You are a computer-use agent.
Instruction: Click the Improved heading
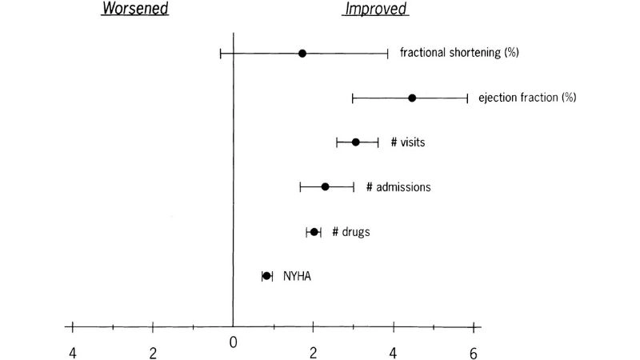point(375,10)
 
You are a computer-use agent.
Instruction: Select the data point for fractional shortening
point(302,54)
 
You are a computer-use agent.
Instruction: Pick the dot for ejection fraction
point(412,98)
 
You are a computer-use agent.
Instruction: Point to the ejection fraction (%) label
point(527,98)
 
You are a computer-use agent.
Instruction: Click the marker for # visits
point(356,142)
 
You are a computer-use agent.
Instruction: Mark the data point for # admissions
point(326,187)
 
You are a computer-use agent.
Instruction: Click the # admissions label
point(398,187)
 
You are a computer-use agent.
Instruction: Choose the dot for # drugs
point(314,232)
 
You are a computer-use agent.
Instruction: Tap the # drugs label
point(351,232)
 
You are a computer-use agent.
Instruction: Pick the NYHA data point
point(267,276)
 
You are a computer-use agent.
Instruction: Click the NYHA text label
point(297,277)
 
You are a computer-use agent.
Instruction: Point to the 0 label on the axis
point(233,342)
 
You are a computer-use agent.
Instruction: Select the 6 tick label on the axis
point(474,353)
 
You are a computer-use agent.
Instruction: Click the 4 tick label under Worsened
point(73,353)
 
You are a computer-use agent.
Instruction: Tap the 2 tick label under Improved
point(313,353)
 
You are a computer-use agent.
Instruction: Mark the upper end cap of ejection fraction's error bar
point(468,98)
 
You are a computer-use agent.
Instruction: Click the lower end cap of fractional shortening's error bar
point(221,54)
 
